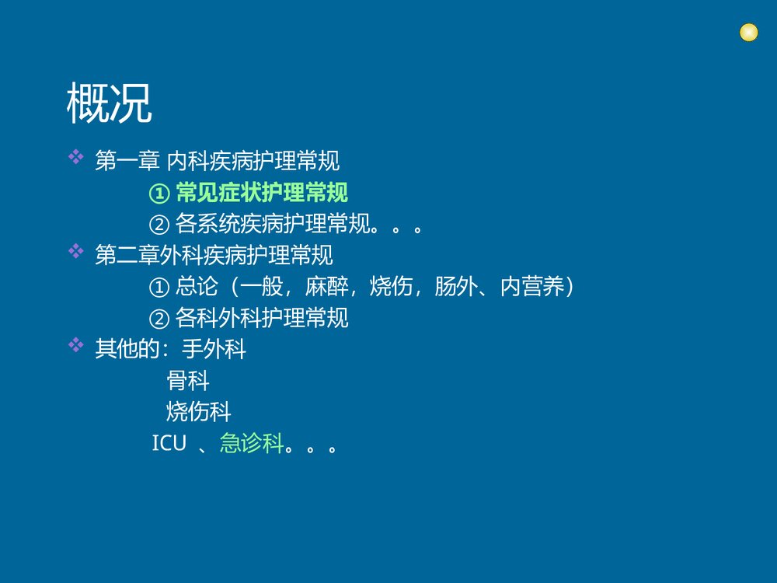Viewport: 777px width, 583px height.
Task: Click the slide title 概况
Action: click(109, 103)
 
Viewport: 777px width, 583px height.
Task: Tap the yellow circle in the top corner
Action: click(748, 33)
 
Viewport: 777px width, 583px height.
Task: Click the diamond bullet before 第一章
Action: click(76, 158)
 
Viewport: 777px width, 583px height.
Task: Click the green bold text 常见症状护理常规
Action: click(262, 193)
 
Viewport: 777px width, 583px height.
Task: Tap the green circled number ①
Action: click(159, 194)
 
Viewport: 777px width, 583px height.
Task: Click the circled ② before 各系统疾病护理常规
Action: click(159, 225)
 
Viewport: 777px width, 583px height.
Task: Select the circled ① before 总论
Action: click(159, 287)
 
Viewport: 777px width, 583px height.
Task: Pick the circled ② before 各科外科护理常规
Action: click(159, 318)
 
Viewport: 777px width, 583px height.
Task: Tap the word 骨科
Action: click(188, 381)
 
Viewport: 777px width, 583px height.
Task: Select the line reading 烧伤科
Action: click(199, 411)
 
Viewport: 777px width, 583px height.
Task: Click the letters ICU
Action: click(169, 444)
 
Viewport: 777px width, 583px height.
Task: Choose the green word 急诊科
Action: click(251, 444)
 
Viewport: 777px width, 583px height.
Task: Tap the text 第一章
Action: click(127, 162)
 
